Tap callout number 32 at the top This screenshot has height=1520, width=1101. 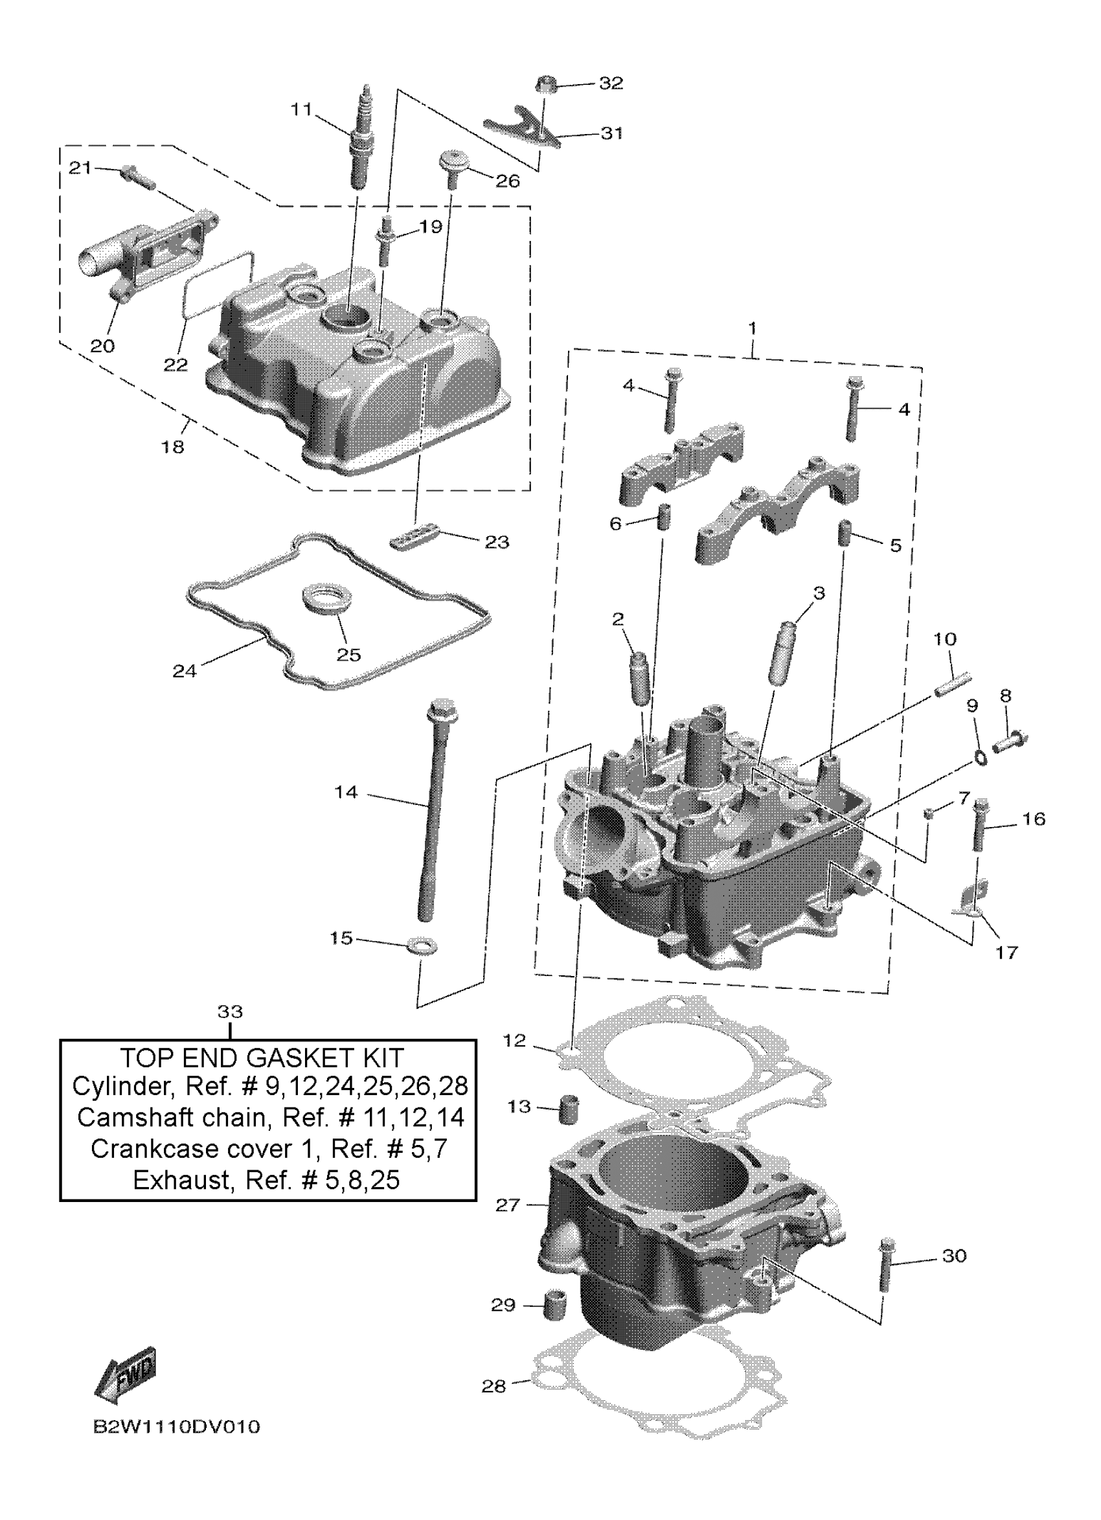[611, 83]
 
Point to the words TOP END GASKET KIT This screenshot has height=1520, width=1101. [262, 1058]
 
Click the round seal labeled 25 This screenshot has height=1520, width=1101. [327, 598]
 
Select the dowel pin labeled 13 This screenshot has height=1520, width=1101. [569, 1109]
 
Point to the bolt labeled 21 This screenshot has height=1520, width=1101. [137, 176]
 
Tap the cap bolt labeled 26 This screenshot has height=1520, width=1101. [453, 168]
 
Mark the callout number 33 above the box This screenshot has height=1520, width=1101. [230, 1012]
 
